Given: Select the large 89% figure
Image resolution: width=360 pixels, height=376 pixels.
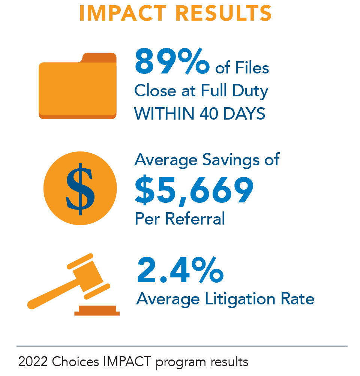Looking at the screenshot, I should pyautogui.click(x=172, y=61).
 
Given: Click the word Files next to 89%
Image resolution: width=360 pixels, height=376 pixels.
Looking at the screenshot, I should pyautogui.click(x=252, y=68).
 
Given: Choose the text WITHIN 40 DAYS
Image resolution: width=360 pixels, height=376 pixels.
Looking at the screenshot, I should pyautogui.click(x=200, y=114).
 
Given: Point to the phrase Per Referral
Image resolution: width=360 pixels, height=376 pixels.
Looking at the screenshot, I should pyautogui.click(x=180, y=219).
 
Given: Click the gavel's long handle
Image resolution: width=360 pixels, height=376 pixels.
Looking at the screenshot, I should pyautogui.click(x=49, y=296).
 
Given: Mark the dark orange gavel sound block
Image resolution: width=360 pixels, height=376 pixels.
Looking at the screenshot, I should pyautogui.click(x=97, y=310).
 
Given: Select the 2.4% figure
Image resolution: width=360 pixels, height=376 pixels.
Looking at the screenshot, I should pyautogui.click(x=180, y=270).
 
